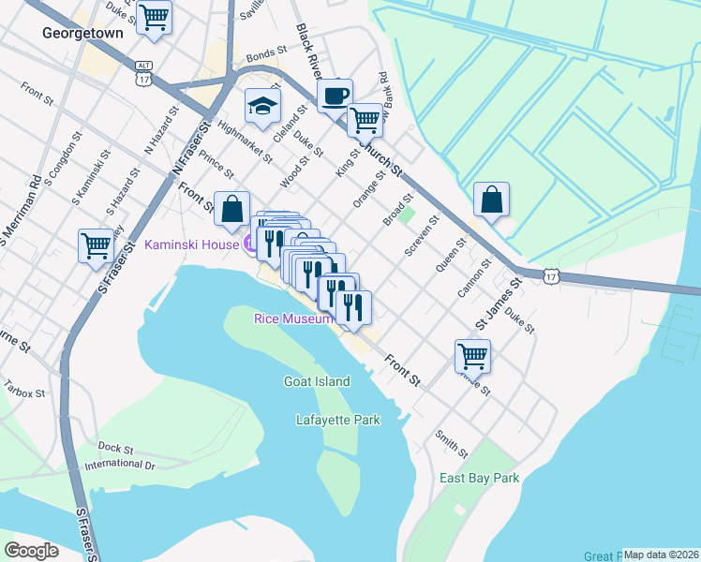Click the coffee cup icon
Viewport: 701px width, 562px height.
(335, 95)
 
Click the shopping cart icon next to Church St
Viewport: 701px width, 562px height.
(365, 119)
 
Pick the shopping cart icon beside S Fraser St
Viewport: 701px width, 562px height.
(97, 246)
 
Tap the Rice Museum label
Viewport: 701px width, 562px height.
(293, 318)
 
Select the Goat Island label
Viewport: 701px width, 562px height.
(317, 381)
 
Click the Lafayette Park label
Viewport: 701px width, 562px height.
(338, 421)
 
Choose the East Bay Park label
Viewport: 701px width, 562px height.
(479, 478)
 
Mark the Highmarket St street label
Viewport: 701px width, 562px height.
(246, 140)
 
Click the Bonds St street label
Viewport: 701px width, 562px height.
(264, 55)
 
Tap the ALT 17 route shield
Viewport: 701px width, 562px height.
(142, 74)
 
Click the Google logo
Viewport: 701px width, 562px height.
(31, 550)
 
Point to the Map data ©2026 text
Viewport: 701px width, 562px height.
(661, 555)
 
